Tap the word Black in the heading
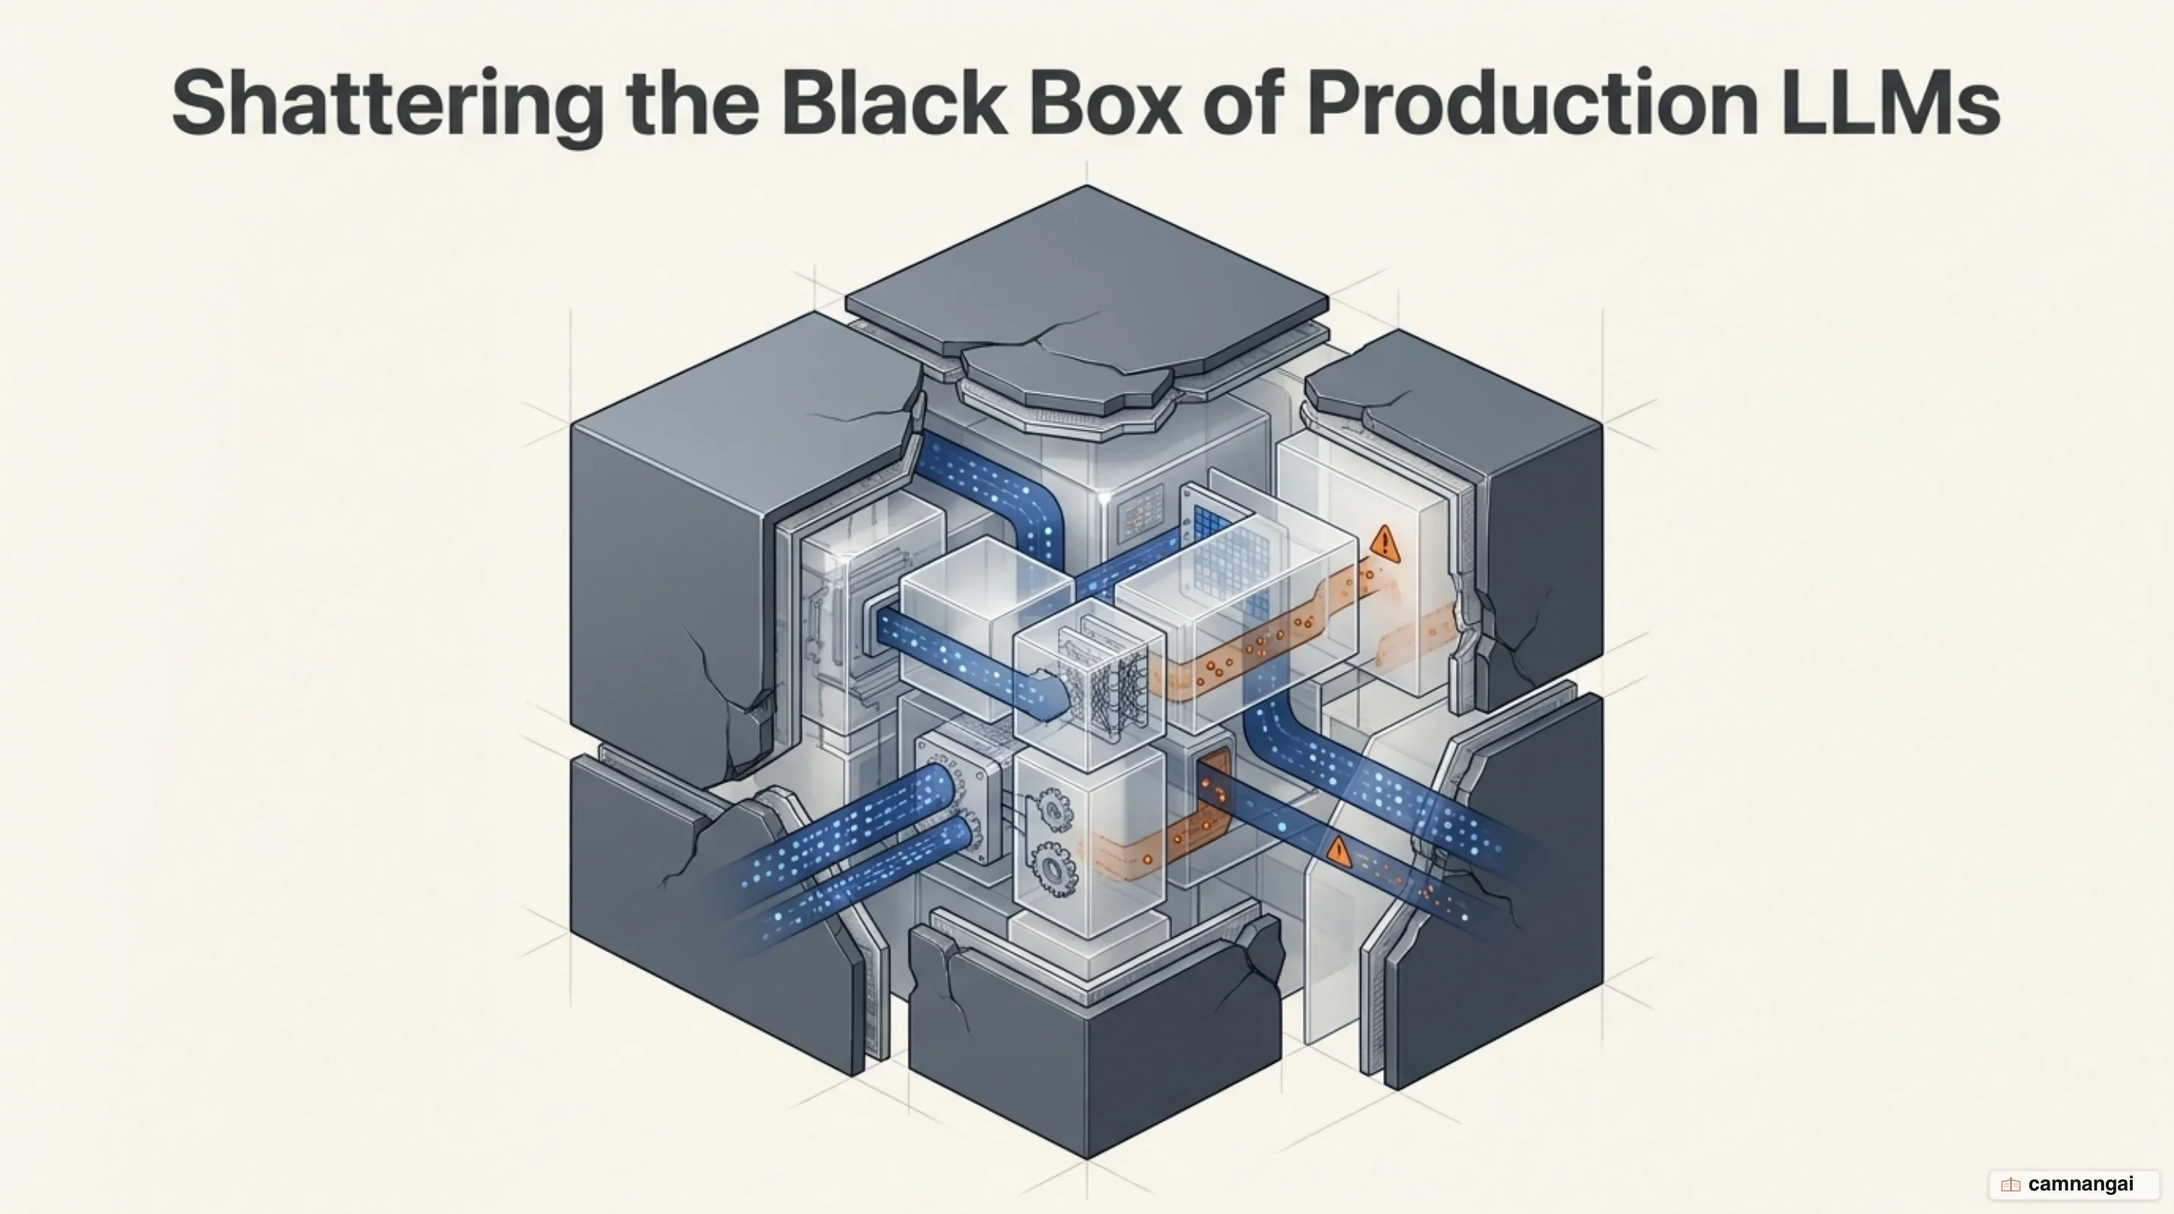point(894,102)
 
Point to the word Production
point(1532,102)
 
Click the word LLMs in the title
point(1890,102)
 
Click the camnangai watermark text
point(2080,1184)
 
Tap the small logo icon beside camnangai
point(2010,1185)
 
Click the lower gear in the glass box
point(1052,867)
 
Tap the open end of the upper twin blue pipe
point(939,785)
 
